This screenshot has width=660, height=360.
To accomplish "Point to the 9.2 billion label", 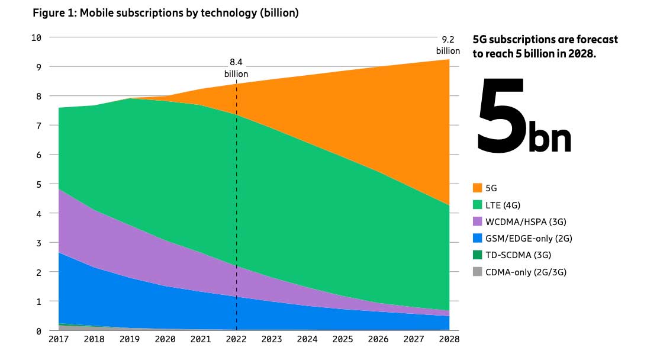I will [448, 45].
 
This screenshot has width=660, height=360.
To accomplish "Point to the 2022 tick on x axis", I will [236, 340].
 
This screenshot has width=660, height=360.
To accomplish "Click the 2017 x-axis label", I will [59, 340].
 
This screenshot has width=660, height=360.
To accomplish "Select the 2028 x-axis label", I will [449, 340].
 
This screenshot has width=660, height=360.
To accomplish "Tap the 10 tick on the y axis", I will [36, 37].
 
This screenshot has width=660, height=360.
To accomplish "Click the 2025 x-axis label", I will [343, 340].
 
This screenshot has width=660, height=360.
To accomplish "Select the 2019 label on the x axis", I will [130, 340].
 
